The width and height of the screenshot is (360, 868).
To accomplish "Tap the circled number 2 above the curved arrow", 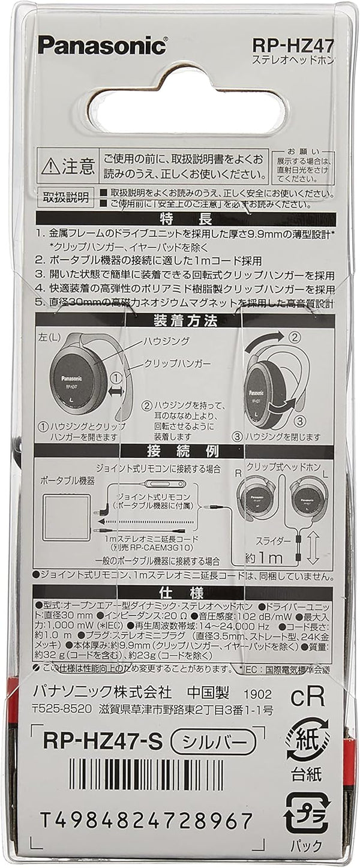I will [293, 337].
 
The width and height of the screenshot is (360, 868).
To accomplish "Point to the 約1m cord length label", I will [264, 558].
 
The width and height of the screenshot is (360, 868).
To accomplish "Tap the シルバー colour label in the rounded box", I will [217, 742].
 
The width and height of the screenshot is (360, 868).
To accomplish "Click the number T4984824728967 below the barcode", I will [147, 818].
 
